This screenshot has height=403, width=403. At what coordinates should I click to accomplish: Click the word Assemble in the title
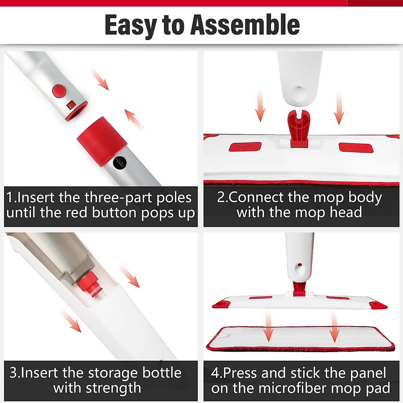tap(245, 25)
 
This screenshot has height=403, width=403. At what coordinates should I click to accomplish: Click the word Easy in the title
tap(131, 25)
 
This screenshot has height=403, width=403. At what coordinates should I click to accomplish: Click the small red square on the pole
tap(71, 105)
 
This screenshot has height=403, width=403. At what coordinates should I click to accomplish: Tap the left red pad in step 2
tap(245, 147)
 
